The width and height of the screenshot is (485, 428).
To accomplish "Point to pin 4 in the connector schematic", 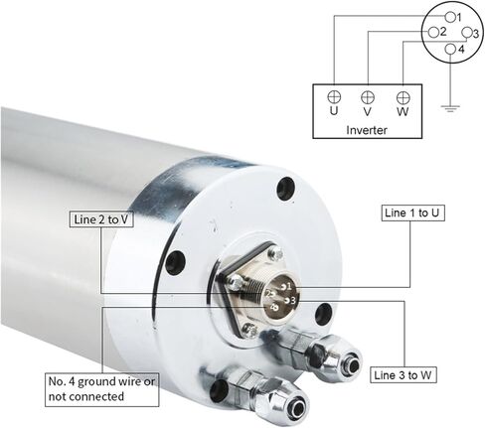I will (449, 49).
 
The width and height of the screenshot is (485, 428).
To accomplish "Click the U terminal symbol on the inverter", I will (334, 96).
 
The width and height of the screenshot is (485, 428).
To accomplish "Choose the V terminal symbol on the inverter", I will (368, 96).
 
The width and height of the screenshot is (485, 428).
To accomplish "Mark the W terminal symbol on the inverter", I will (403, 96).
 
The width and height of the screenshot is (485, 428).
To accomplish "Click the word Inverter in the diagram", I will (367, 130).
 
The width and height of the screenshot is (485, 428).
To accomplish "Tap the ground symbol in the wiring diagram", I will (452, 108).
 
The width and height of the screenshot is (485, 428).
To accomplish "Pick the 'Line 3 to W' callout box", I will (406, 375).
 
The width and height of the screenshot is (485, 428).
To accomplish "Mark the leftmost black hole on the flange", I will (176, 264).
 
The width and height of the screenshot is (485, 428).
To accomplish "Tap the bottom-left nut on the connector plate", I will (248, 329).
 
